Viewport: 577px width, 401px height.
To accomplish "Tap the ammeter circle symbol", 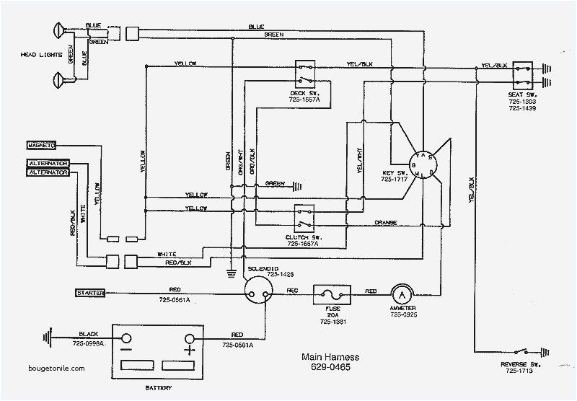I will tap(400, 293).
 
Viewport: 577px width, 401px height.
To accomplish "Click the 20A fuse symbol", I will tap(331, 293).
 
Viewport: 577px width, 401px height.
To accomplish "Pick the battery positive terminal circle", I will tap(190, 338).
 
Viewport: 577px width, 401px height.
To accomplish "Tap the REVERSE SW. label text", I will tap(517, 367).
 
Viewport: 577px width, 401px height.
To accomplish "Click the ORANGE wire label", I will tap(387, 223).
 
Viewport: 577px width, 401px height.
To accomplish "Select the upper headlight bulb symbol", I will tap(59, 30).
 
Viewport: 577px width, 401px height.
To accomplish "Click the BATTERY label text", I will tap(158, 387).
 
